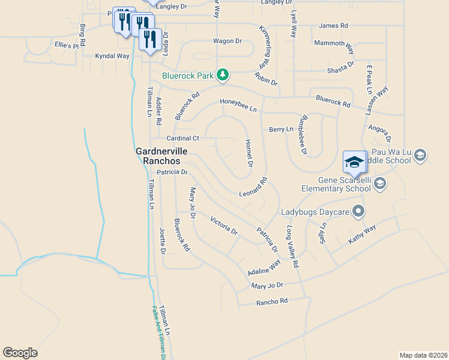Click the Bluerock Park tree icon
[x=223, y=74]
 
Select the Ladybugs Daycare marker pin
[x=358, y=211]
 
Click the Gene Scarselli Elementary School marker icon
[x=379, y=183]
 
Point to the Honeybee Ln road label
[x=238, y=105]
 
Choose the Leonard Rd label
[x=252, y=187]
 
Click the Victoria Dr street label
[x=224, y=226]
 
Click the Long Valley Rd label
[x=292, y=246]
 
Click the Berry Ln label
[x=281, y=129]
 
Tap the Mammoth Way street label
[x=333, y=43]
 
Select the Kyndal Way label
[x=112, y=56]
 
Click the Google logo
[x=20, y=353]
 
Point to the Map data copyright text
[x=423, y=355]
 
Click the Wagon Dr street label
[x=227, y=41]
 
